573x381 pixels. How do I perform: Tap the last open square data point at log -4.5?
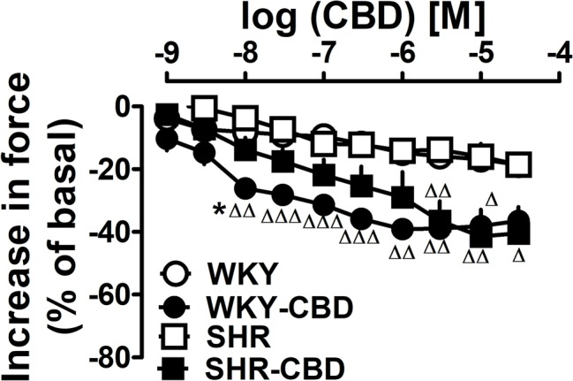click(x=521, y=164)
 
